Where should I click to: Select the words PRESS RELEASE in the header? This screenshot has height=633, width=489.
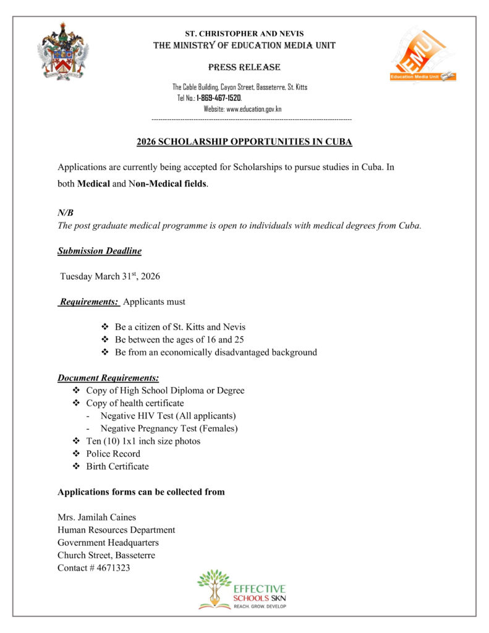(244, 67)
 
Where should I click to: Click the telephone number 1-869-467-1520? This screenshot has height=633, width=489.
(219, 98)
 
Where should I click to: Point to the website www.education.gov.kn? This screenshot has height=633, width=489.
(254, 109)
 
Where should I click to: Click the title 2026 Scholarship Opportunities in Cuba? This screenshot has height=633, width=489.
(244, 142)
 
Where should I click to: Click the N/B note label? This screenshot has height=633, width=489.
(66, 212)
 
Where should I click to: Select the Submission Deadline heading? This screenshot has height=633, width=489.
(100, 251)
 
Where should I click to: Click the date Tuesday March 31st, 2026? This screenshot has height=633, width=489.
(110, 276)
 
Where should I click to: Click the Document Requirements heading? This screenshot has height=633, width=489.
(108, 378)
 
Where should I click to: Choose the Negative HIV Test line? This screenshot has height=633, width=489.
(168, 416)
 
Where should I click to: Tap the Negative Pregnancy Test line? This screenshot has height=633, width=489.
(169, 428)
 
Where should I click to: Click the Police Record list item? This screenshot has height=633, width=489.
(113, 454)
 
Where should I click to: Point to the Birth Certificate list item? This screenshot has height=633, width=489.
(117, 466)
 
